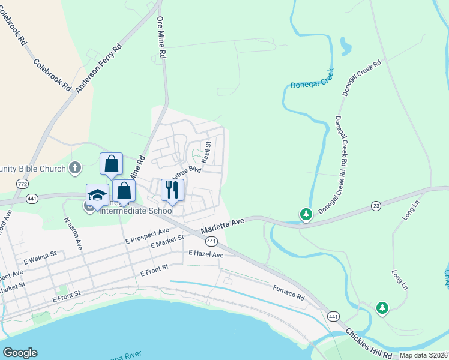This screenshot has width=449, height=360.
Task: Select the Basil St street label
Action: pos(206,152)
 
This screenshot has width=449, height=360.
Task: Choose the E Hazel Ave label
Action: pos(206,254)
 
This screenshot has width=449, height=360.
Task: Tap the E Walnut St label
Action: pos(40,258)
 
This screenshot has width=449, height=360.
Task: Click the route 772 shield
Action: pos(23,183)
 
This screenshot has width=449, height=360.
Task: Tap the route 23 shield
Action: pos(376,205)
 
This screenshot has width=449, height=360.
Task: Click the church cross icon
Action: pos(75,167)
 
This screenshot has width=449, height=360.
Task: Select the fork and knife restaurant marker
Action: pos(172,190)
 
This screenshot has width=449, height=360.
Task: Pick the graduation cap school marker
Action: pos(97,195)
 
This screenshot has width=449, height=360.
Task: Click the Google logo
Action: pos(20,353)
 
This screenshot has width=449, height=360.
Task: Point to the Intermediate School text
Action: pos(136,210)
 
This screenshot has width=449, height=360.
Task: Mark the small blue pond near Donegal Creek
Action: pos(345,46)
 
